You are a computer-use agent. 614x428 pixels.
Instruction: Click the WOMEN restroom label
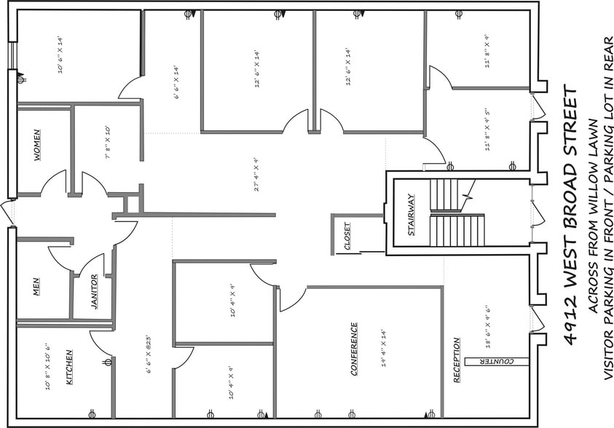click(36, 145)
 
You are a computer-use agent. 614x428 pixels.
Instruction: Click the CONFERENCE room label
click(354, 349)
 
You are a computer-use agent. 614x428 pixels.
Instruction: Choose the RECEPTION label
click(457, 360)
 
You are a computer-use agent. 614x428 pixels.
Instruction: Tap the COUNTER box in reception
click(498, 361)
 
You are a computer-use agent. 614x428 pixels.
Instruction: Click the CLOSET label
click(347, 236)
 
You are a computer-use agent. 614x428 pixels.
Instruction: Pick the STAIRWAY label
click(412, 215)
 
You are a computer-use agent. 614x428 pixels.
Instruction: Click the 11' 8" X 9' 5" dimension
click(487, 130)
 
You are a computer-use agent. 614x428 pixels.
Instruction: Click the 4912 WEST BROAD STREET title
click(570, 215)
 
